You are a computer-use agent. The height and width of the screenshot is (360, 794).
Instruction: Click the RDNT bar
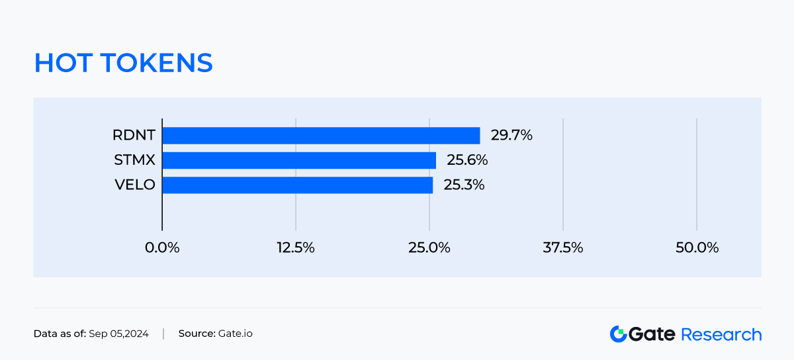(x=321, y=136)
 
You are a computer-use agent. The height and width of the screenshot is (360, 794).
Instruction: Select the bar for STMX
(x=299, y=160)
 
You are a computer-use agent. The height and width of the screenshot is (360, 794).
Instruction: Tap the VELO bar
(x=297, y=185)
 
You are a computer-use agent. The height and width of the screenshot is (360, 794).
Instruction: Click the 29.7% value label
(x=511, y=136)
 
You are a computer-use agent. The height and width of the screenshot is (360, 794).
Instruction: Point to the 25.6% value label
(x=467, y=160)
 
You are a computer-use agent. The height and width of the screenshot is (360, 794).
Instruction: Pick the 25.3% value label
(x=464, y=185)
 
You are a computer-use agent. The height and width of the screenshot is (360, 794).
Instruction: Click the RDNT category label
(x=134, y=136)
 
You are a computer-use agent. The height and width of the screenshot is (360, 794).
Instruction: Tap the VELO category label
(x=134, y=185)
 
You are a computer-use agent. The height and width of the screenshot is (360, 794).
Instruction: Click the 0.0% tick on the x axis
(x=162, y=248)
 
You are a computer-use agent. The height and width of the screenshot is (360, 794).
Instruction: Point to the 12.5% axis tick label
(x=296, y=248)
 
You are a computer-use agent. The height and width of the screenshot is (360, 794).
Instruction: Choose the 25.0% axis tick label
(x=429, y=248)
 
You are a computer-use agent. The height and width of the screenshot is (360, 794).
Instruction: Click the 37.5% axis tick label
(x=563, y=248)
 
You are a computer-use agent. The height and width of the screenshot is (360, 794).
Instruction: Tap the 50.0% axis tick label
(x=697, y=248)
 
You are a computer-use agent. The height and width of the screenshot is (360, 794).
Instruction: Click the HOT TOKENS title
(x=123, y=63)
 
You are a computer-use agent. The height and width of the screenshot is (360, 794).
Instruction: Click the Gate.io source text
(x=235, y=334)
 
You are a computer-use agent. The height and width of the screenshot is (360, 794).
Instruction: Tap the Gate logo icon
(x=618, y=334)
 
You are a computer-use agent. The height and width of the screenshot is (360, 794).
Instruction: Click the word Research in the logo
(x=721, y=334)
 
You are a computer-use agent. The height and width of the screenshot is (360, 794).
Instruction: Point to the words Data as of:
(x=60, y=334)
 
